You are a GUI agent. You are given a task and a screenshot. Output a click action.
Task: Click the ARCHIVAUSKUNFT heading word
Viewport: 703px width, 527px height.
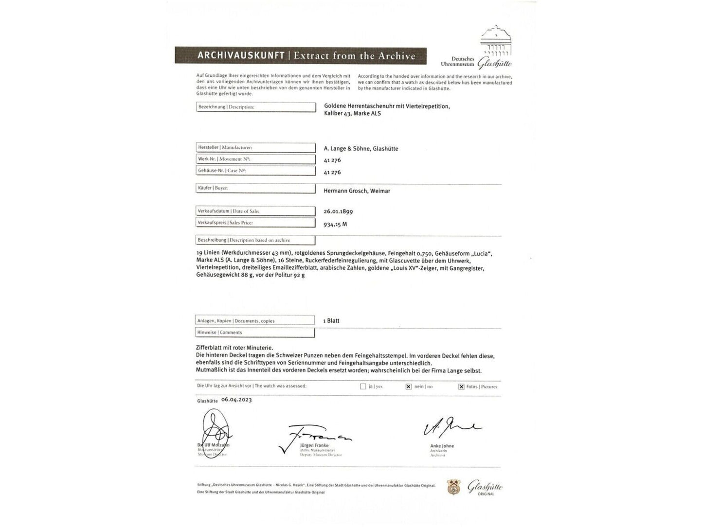[x=240, y=55]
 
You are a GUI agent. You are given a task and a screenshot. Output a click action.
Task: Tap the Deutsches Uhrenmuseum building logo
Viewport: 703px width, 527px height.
[x=496, y=41]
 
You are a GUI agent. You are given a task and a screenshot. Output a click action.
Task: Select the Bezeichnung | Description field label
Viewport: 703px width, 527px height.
[x=226, y=107]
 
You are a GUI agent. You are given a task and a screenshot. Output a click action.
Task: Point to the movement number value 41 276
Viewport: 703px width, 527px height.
[x=332, y=160]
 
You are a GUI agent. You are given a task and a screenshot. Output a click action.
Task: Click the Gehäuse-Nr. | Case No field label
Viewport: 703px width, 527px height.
[x=221, y=171]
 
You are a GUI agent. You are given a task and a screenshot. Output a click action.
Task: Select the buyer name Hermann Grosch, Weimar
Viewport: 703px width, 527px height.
[x=357, y=191]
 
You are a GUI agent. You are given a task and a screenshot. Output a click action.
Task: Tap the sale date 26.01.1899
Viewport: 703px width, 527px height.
[x=338, y=211]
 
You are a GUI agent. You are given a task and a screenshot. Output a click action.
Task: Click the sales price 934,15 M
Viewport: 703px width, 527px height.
[x=335, y=224]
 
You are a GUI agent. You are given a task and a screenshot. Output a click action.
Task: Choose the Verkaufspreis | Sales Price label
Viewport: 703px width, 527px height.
[x=225, y=223]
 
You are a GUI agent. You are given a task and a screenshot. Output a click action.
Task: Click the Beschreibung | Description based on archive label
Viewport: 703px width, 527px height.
[x=244, y=240]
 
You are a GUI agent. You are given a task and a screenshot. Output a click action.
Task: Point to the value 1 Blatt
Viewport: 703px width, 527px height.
[x=331, y=321]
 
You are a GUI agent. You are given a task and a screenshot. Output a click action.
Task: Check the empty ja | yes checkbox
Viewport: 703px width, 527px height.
[x=363, y=386]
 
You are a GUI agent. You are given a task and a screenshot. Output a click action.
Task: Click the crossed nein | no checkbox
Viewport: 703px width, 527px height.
[x=408, y=386]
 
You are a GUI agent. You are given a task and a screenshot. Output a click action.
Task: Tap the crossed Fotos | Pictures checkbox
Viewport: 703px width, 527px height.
[x=461, y=386]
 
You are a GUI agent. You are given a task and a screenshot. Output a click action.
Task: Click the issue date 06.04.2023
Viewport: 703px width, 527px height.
[x=236, y=400]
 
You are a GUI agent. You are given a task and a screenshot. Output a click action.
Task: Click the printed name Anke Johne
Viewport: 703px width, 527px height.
[x=442, y=446]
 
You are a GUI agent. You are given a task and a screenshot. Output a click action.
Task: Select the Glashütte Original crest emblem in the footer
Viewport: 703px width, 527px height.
[x=454, y=488]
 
